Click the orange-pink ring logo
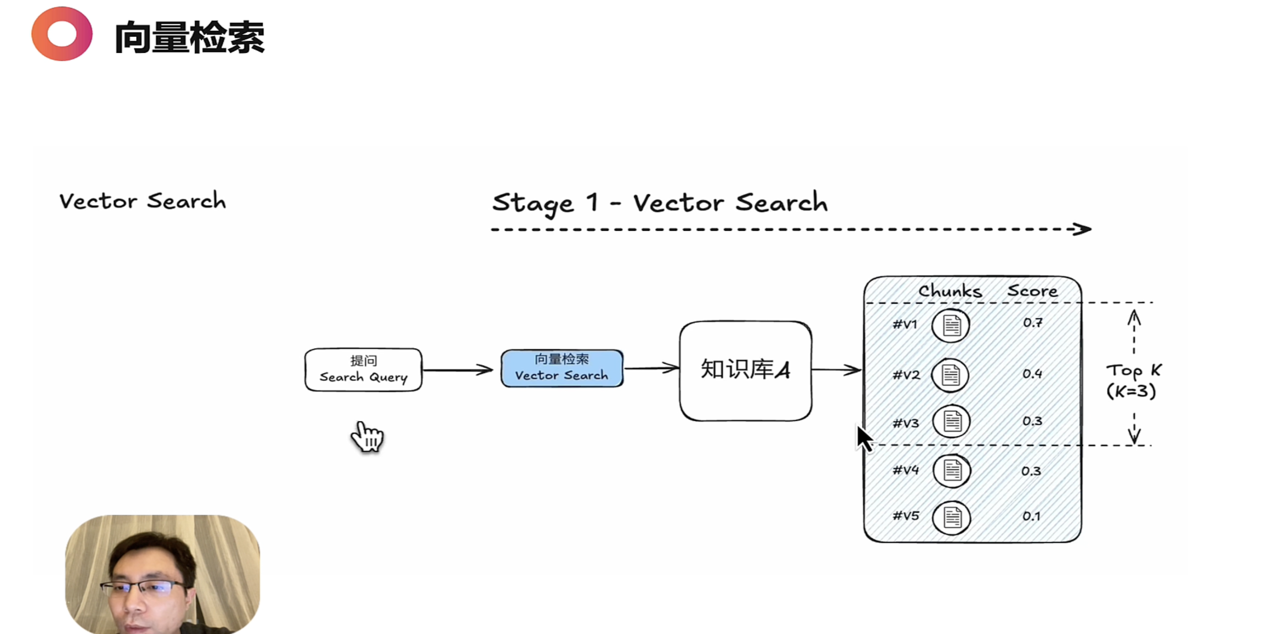tap(62, 34)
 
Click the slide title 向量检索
tap(189, 37)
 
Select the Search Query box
tap(363, 369)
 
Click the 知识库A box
tap(745, 370)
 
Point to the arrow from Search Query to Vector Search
tap(458, 370)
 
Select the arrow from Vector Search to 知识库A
tap(651, 369)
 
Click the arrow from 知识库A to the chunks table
tap(836, 370)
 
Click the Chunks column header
tap(950, 291)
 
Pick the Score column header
tap(1032, 291)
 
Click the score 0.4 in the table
tap(1032, 374)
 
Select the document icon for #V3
tap(952, 422)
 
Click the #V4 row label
tap(905, 470)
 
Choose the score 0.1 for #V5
tap(1031, 516)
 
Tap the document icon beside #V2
tap(951, 375)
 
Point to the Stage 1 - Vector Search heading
tap(660, 203)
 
